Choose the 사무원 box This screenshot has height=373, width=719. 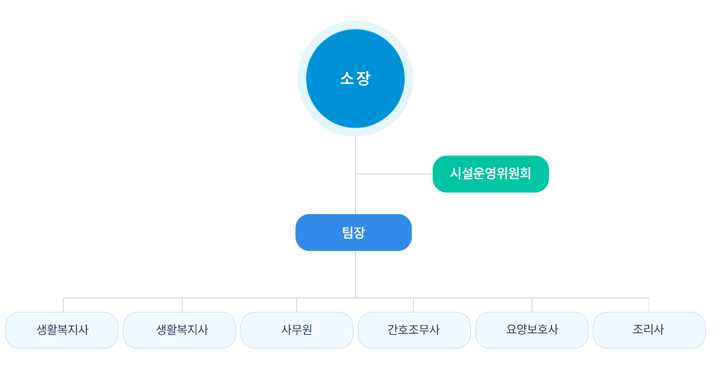[x=297, y=330]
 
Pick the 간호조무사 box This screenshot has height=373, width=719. [x=414, y=330]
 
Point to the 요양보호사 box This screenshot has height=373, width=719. [x=532, y=330]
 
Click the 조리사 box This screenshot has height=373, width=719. [x=649, y=330]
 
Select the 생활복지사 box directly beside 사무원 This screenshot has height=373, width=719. [x=179, y=330]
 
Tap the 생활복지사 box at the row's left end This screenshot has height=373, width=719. [x=62, y=330]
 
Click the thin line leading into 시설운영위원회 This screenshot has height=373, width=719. [x=417, y=174]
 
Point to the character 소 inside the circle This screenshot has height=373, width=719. [x=346, y=79]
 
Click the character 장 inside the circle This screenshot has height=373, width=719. [x=364, y=79]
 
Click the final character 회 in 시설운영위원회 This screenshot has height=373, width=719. [x=525, y=174]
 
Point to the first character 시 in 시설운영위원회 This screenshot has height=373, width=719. [x=456, y=174]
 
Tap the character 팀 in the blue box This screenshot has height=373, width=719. [x=347, y=233]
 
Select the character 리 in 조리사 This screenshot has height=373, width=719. [x=649, y=330]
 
